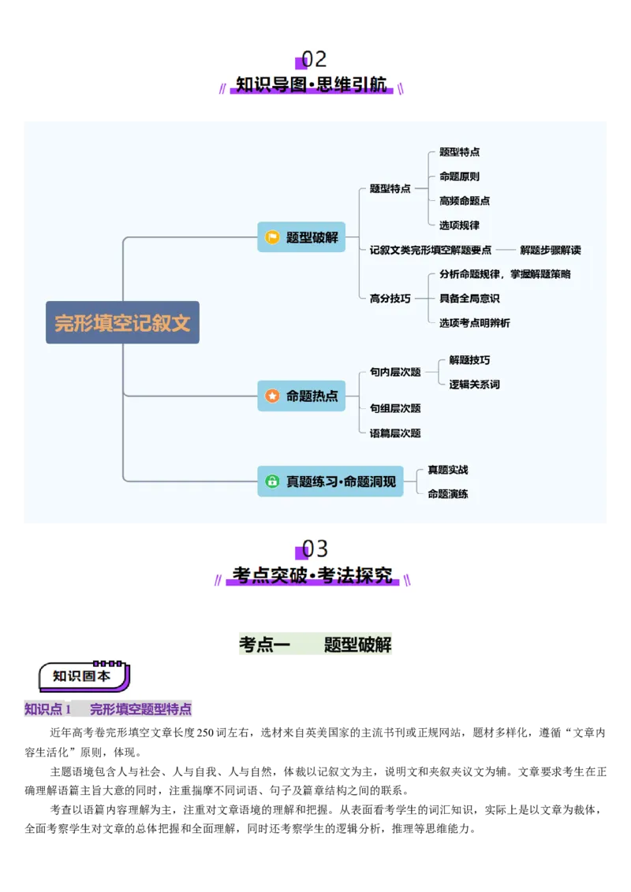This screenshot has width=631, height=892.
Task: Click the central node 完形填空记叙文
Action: coord(122,322)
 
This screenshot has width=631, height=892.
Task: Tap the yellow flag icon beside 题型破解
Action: coord(272,237)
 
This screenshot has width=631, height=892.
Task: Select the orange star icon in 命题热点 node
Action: coord(272,396)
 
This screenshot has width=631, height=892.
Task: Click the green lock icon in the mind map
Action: coord(272,481)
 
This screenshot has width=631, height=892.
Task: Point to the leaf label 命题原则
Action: coord(459,177)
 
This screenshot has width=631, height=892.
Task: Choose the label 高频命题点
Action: coord(465,201)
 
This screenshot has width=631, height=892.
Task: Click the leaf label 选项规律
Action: coord(459,225)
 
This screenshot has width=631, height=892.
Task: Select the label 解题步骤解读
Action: coord(551,250)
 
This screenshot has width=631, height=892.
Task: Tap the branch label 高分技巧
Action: coord(390,299)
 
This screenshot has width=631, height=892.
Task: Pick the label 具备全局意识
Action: coord(469,299)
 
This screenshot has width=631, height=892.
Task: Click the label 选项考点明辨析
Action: coord(475,323)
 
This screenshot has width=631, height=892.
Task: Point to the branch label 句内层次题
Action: coord(395,372)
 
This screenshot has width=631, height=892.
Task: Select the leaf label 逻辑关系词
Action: coord(475,385)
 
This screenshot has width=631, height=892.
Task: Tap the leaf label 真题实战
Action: coord(448,470)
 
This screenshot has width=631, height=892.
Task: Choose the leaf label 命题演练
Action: coord(448,494)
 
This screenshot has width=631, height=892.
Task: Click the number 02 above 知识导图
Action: coord(314,60)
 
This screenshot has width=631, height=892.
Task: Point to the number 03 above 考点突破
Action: coord(315,548)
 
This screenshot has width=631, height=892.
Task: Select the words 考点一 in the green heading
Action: coord(265,645)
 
